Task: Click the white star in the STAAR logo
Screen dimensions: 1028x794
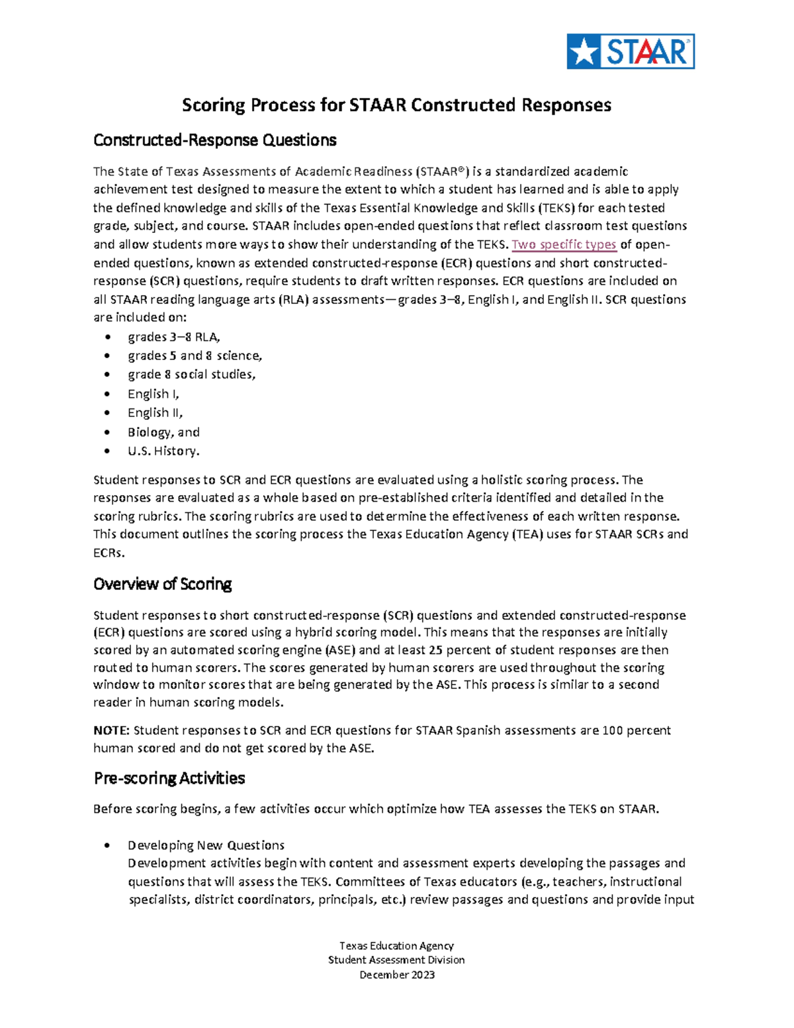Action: point(584,52)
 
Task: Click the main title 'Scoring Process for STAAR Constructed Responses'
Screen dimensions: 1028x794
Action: point(396,105)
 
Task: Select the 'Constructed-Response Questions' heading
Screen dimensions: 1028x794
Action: point(215,140)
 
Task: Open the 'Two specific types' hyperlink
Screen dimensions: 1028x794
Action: point(564,244)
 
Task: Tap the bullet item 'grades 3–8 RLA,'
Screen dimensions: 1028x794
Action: point(174,337)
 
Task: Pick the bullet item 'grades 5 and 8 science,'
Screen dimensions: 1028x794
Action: point(195,355)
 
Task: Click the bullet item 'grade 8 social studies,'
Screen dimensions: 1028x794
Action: point(191,375)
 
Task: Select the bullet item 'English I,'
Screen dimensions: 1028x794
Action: point(154,394)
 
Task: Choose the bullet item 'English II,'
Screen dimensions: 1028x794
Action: point(155,413)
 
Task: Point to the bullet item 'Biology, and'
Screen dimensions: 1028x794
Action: point(163,432)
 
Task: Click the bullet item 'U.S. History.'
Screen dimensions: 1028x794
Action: point(163,451)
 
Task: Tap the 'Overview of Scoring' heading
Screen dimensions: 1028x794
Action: point(162,584)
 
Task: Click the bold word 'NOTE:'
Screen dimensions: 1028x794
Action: point(111,730)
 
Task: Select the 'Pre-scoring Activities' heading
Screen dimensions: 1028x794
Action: point(169,778)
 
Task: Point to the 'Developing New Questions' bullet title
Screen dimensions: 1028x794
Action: point(206,845)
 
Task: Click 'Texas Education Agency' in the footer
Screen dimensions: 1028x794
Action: point(396,945)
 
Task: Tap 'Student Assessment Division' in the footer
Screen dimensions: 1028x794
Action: point(396,960)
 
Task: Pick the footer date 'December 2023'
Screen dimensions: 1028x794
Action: point(396,974)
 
